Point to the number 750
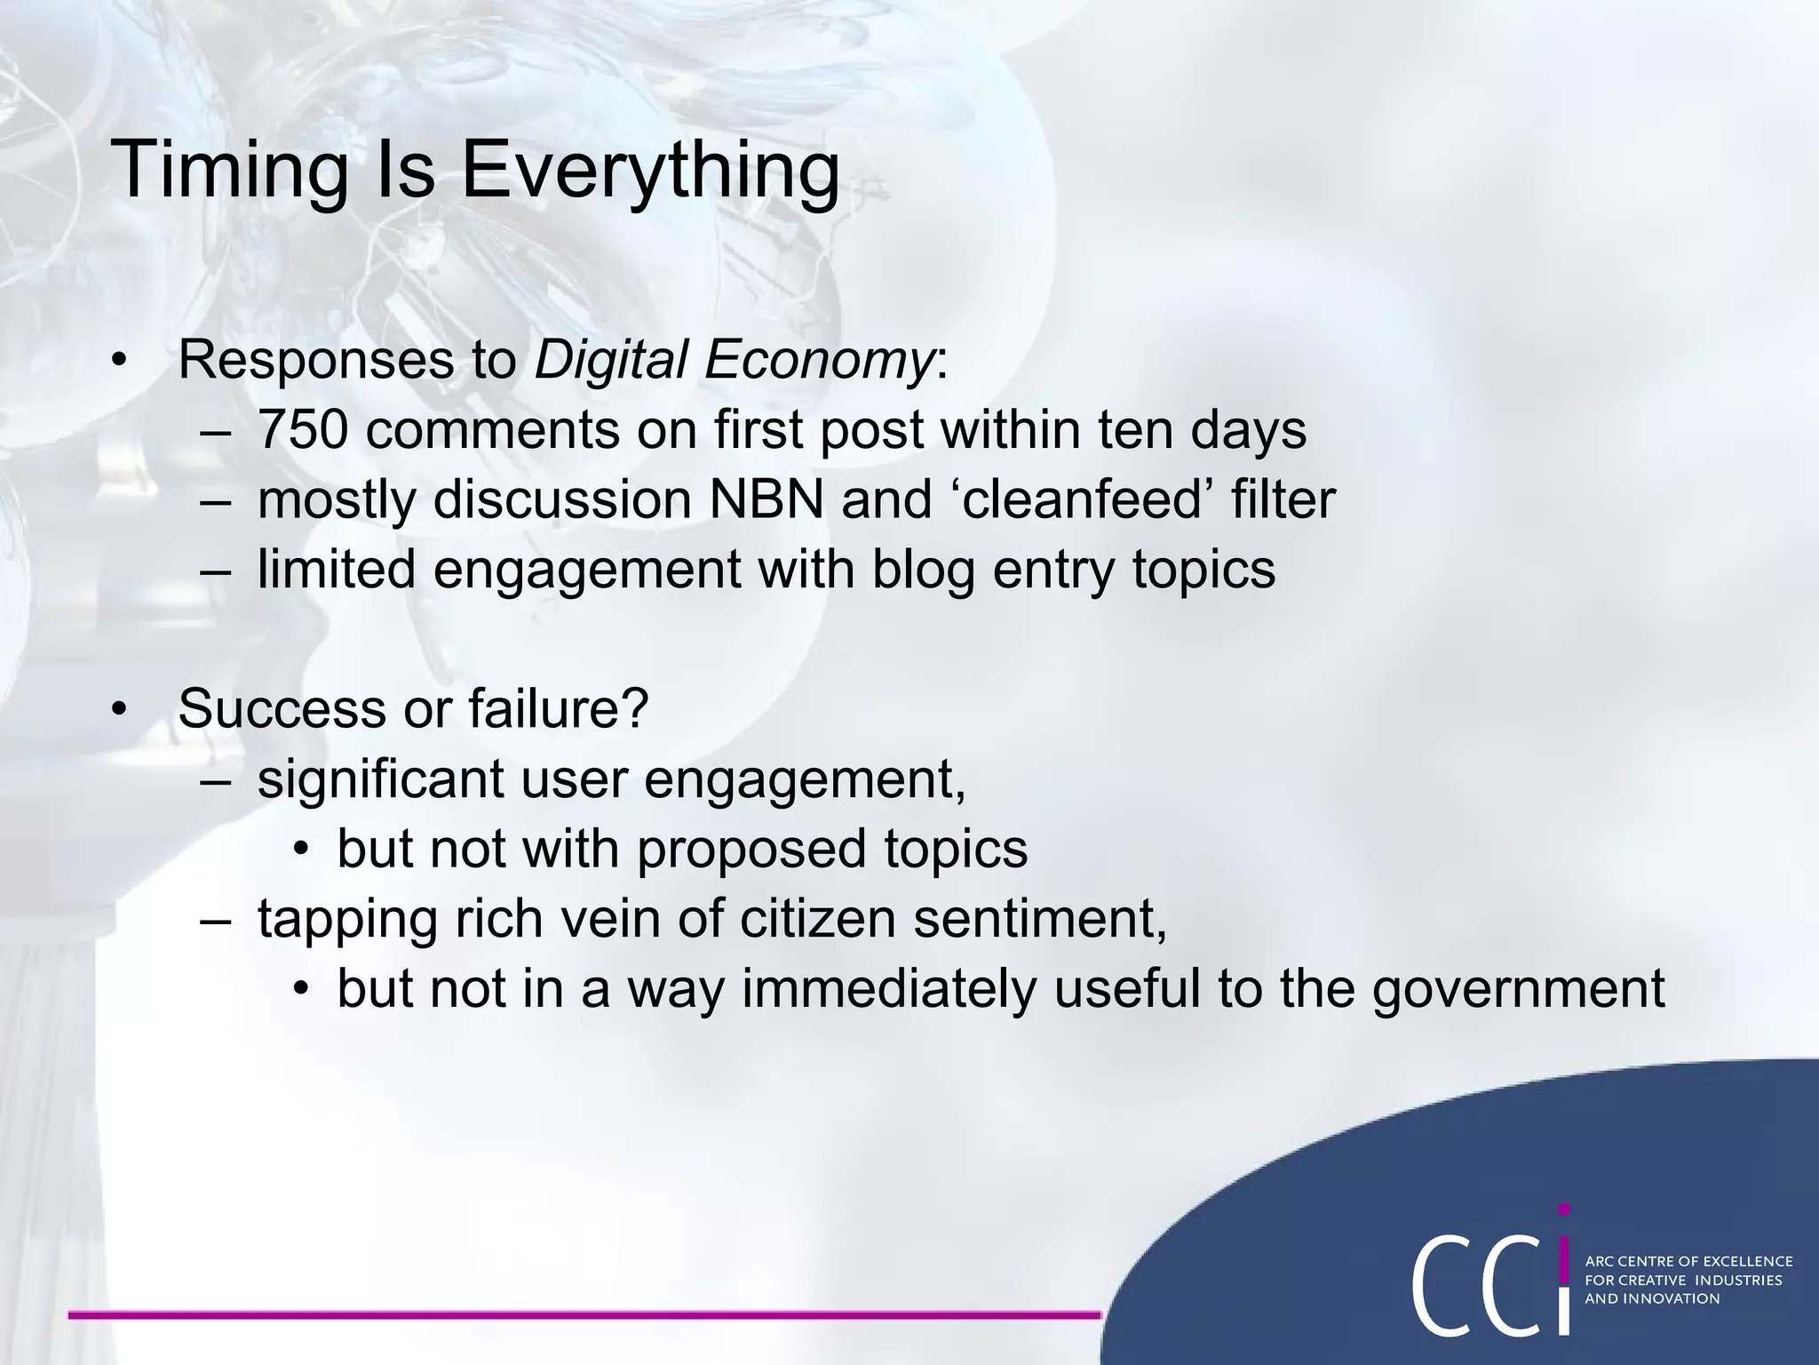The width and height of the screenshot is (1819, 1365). pos(302,430)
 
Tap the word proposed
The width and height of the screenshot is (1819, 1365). pos(751,850)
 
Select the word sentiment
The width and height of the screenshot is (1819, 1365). pos(1039,919)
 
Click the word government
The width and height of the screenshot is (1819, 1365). pos(1518,989)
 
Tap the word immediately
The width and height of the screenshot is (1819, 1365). pos(888,989)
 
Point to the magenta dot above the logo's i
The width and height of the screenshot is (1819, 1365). pos(1564,1209)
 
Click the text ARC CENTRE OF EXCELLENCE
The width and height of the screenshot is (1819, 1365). pos(1688,1261)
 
